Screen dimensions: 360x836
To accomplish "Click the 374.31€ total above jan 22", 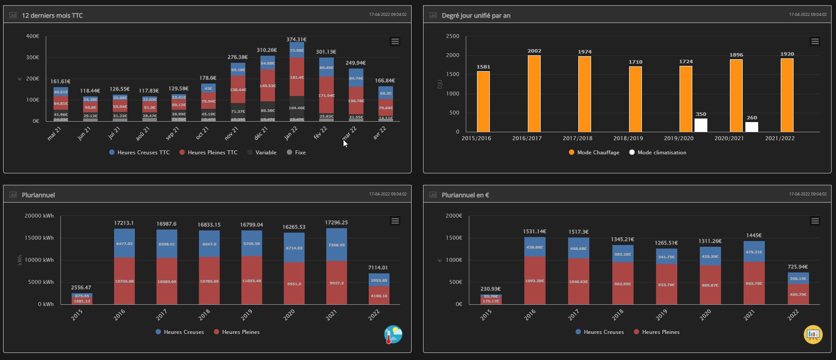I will (x=296, y=39).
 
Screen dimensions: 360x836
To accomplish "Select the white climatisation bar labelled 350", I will (x=701, y=125).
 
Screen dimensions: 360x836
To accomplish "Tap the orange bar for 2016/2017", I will (x=534, y=94).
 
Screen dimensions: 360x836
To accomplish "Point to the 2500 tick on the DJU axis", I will (x=452, y=36).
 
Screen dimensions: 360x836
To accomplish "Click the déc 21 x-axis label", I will (x=261, y=133).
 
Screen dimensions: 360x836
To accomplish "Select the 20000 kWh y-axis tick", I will (x=39, y=216).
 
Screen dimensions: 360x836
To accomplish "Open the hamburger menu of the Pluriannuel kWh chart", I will (x=395, y=221).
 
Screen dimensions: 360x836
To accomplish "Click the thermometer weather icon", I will (x=393, y=335).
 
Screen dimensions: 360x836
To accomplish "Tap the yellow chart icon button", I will (x=813, y=334).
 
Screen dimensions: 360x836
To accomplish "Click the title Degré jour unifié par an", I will (x=476, y=15).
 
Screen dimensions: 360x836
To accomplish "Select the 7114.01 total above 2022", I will (x=378, y=268).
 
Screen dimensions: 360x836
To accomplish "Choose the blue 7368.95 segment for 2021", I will (x=336, y=245).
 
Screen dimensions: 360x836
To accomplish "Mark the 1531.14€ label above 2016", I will (x=534, y=231).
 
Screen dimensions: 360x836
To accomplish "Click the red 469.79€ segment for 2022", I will (x=798, y=295).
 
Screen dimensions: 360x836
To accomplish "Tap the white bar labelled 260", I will (x=752, y=127).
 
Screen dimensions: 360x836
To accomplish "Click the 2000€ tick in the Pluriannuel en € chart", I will (x=454, y=216).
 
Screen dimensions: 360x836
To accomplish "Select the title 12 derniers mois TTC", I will (x=52, y=15).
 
